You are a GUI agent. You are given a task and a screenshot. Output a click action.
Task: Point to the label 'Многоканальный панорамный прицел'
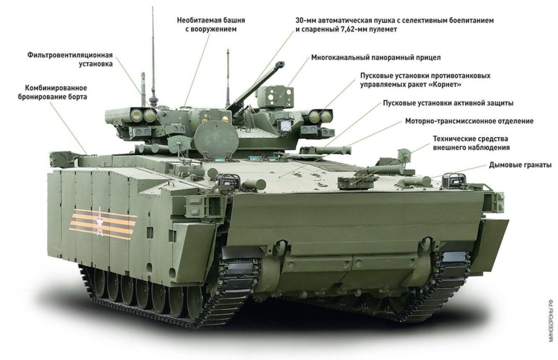[376, 58]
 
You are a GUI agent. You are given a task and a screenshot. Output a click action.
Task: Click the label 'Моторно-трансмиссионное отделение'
[469, 121]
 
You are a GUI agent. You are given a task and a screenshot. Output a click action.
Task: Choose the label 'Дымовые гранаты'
[520, 165]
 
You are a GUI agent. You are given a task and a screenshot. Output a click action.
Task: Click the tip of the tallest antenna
[153, 8]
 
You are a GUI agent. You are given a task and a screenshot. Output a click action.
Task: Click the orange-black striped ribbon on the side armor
[102, 224]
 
